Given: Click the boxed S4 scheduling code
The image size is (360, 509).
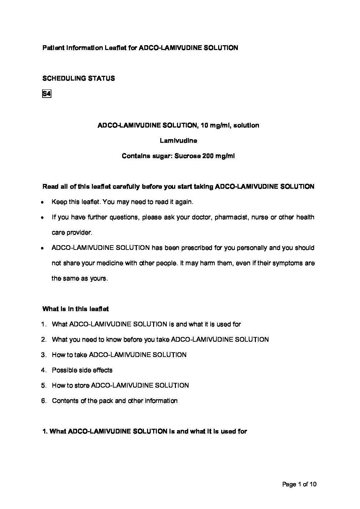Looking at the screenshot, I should point(46,94).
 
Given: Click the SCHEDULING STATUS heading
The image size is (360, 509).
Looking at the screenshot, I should point(79,79).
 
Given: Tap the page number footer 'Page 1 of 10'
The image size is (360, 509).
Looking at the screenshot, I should point(299,484).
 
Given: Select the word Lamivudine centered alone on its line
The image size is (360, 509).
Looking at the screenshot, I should point(178,140).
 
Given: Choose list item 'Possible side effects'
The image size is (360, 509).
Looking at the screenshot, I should point(82,370).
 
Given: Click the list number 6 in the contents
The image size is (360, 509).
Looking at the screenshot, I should point(43,401).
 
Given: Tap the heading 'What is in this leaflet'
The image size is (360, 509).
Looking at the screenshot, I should point(76,309).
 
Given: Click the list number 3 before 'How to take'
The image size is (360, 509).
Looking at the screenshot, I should point(43,355).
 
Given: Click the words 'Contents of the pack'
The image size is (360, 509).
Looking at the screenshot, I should point(83,401).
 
